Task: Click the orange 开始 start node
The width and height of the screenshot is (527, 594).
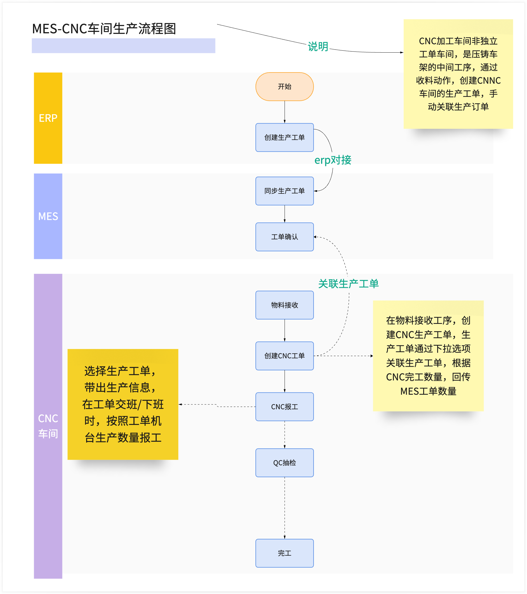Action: [x=284, y=86]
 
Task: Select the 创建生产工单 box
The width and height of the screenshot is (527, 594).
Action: [x=284, y=137]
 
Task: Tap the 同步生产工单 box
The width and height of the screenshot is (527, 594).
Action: [x=284, y=191]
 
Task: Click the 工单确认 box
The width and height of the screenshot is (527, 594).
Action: [x=284, y=237]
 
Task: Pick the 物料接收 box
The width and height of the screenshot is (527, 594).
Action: [x=284, y=305]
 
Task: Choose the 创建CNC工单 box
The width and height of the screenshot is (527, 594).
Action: [x=284, y=356]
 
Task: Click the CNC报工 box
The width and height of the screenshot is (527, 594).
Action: [x=284, y=406]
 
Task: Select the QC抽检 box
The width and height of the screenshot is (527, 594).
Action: [x=284, y=463]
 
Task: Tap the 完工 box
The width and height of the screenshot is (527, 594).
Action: [x=284, y=553]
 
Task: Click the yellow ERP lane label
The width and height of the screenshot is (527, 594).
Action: [x=48, y=118]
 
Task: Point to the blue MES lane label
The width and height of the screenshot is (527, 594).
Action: [x=48, y=216]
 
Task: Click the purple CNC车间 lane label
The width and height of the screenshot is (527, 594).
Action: [x=48, y=426]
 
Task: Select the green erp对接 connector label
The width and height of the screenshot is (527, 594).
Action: [x=333, y=160]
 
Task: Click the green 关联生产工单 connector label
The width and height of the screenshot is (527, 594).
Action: [x=348, y=284]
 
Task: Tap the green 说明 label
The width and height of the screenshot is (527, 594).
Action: [x=318, y=46]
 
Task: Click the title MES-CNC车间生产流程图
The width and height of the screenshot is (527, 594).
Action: [x=104, y=29]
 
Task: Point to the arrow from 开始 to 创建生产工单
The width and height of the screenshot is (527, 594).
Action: [x=284, y=112]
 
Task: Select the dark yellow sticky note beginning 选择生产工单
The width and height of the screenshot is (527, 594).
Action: [x=123, y=404]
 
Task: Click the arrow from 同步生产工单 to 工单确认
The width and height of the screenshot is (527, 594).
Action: [x=284, y=214]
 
